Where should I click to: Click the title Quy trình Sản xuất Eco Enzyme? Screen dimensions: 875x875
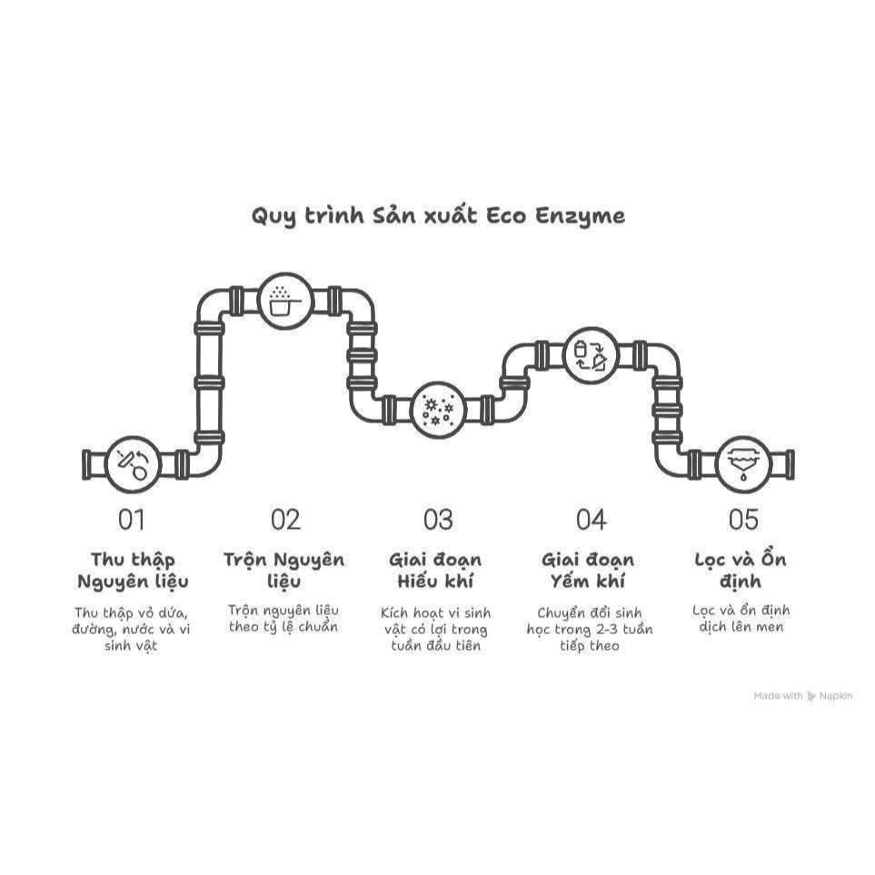pyautogui.click(x=438, y=216)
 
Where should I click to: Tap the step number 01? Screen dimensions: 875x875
pyautogui.click(x=132, y=520)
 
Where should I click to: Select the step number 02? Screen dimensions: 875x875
pyautogui.click(x=285, y=520)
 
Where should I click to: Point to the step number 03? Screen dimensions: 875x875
pyautogui.click(x=438, y=520)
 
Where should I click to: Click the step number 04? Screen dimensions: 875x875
pyautogui.click(x=591, y=520)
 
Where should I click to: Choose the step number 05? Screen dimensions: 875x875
pyautogui.click(x=744, y=520)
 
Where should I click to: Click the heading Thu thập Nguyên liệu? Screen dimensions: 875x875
pyautogui.click(x=133, y=571)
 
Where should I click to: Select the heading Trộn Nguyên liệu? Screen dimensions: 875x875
pyautogui.click(x=284, y=571)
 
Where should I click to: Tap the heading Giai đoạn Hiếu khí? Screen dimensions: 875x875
pyautogui.click(x=435, y=571)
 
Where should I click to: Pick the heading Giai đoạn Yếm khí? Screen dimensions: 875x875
pyautogui.click(x=588, y=571)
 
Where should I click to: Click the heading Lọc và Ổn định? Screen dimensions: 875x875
pyautogui.click(x=741, y=571)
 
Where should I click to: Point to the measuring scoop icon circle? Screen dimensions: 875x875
pyautogui.click(x=285, y=301)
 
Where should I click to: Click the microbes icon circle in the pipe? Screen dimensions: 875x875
pyautogui.click(x=438, y=410)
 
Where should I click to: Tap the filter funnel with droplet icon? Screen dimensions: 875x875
pyautogui.click(x=743, y=463)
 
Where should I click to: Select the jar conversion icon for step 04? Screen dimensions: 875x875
pyautogui.click(x=591, y=355)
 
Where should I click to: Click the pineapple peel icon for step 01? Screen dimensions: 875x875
pyautogui.click(x=133, y=463)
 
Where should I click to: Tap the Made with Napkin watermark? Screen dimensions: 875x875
pyautogui.click(x=803, y=696)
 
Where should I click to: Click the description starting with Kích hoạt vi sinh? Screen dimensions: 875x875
pyautogui.click(x=435, y=630)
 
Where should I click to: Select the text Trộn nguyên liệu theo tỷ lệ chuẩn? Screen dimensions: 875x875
pyautogui.click(x=283, y=619)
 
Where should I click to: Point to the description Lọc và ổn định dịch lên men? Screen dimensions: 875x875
pyautogui.click(x=741, y=619)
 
